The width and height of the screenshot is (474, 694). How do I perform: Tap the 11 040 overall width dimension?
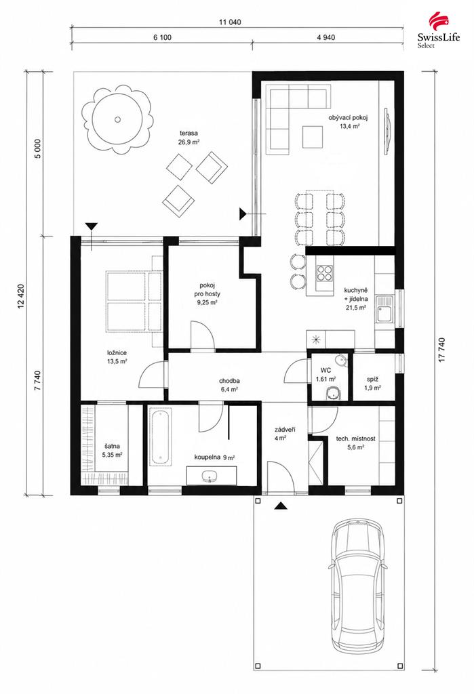click(230, 22)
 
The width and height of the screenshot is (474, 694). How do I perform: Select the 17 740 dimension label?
click(441, 350)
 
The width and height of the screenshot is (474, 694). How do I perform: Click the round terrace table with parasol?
click(117, 119)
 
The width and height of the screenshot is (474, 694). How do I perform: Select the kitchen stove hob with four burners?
click(325, 273)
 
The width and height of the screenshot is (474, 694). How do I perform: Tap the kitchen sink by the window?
click(384, 309)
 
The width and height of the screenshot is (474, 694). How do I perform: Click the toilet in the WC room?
click(332, 393)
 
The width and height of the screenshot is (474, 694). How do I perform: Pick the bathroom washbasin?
click(209, 476)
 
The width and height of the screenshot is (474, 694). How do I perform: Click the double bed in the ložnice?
click(134, 302)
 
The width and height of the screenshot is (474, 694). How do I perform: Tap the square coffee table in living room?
click(313, 137)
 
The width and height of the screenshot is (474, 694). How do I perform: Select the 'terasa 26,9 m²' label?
click(189, 137)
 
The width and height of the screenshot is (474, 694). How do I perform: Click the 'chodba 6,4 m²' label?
click(229, 385)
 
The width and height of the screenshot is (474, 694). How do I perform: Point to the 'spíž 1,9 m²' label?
click(373, 384)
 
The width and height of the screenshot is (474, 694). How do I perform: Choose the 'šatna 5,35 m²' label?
click(112, 450)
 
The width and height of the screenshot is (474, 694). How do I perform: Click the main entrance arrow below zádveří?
click(279, 506)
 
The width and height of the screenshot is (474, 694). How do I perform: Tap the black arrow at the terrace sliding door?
click(242, 213)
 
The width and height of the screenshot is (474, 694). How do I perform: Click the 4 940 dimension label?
click(326, 37)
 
